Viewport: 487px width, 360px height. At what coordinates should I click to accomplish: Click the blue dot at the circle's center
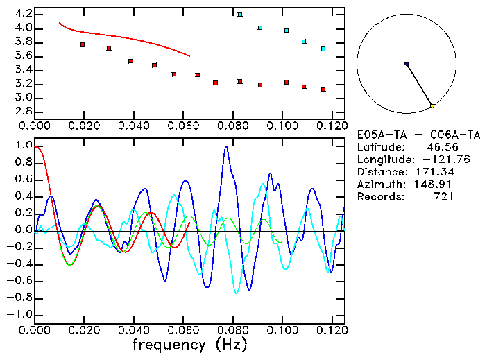point(407,64)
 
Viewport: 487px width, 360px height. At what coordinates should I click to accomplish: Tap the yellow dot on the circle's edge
point(432,106)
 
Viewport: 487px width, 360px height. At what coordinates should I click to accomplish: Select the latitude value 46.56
point(438,147)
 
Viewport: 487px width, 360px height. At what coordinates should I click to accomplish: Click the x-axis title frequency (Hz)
point(189,344)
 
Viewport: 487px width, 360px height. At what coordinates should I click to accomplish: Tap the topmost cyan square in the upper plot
point(240,15)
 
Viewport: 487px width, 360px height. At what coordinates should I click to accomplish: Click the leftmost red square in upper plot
point(83,44)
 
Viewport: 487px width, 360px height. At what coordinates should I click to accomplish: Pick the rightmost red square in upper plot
point(323,89)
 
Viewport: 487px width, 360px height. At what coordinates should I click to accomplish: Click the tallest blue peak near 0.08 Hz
point(226,147)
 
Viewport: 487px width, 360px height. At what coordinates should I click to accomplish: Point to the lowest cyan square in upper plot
point(323,49)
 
